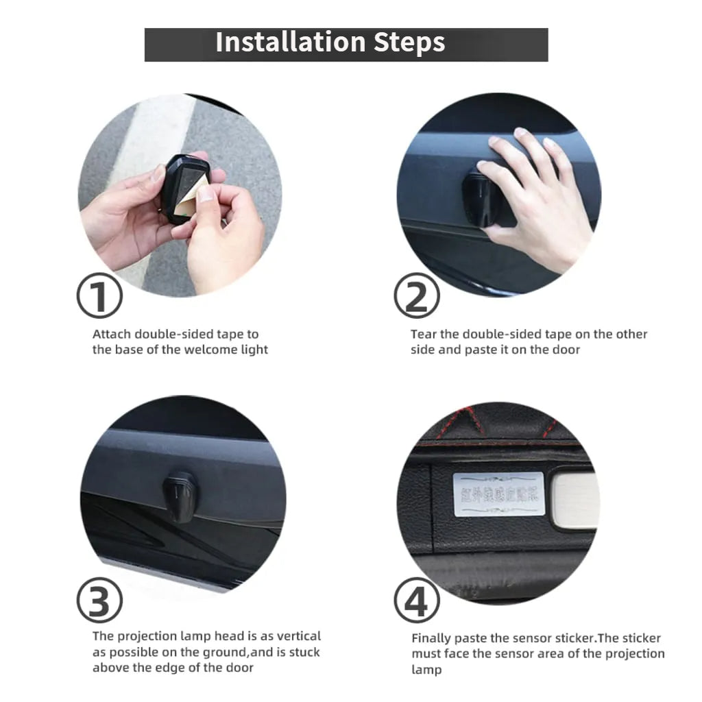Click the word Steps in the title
click(409, 43)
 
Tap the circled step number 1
click(99, 295)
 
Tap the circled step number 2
click(416, 295)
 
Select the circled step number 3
click(99, 601)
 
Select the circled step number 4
click(416, 601)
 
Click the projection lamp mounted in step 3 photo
click(179, 496)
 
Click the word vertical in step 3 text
click(298, 636)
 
